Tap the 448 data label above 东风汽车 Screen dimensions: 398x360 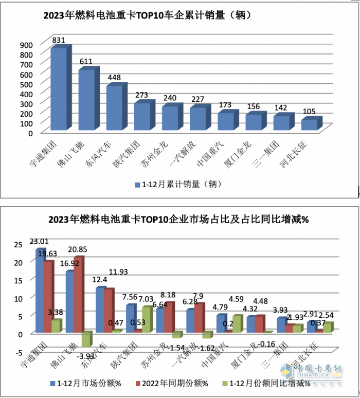[115, 78]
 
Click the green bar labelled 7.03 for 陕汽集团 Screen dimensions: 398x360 [147, 319]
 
